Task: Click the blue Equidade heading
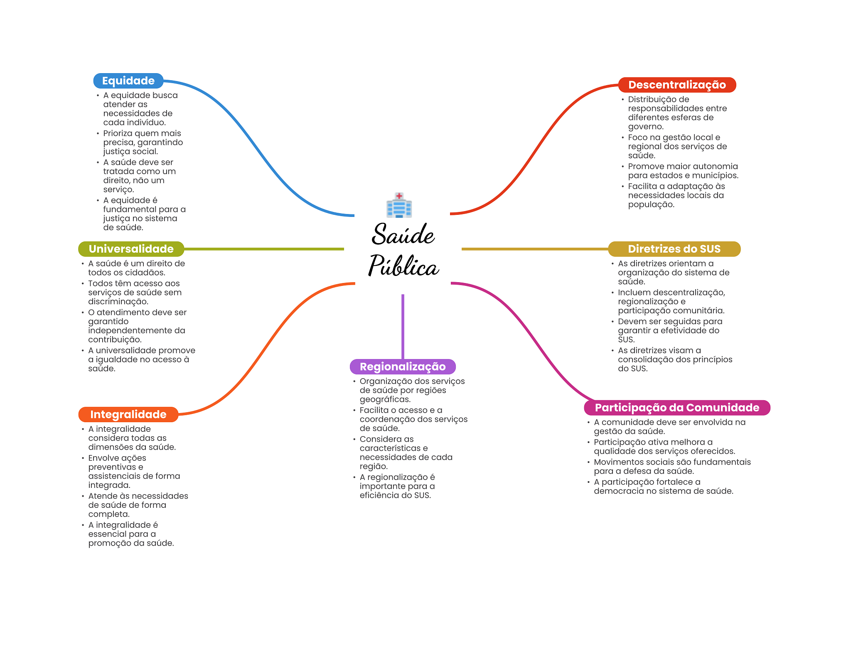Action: [x=128, y=81]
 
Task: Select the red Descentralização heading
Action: [x=676, y=85]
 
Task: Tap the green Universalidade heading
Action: [x=131, y=249]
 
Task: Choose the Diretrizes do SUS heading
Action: [x=674, y=249]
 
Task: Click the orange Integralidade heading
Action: [x=128, y=414]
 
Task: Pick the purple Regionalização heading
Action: [x=402, y=367]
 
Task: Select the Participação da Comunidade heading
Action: [x=676, y=408]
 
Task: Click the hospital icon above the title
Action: [x=399, y=205]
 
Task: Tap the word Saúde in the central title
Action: [x=403, y=235]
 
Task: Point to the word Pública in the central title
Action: [x=403, y=266]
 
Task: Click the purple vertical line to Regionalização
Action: [x=403, y=326]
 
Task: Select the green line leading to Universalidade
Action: [x=264, y=249]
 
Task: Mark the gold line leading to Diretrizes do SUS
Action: [x=534, y=249]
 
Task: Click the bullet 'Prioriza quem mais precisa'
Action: [x=143, y=143]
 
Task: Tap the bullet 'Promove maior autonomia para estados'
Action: [x=683, y=171]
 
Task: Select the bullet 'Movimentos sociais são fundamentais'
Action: [x=672, y=466]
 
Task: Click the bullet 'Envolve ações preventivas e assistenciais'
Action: [x=134, y=471]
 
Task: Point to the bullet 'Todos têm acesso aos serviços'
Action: [x=135, y=292]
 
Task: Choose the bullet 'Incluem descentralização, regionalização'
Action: [x=671, y=301]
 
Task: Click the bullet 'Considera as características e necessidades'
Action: [x=406, y=453]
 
